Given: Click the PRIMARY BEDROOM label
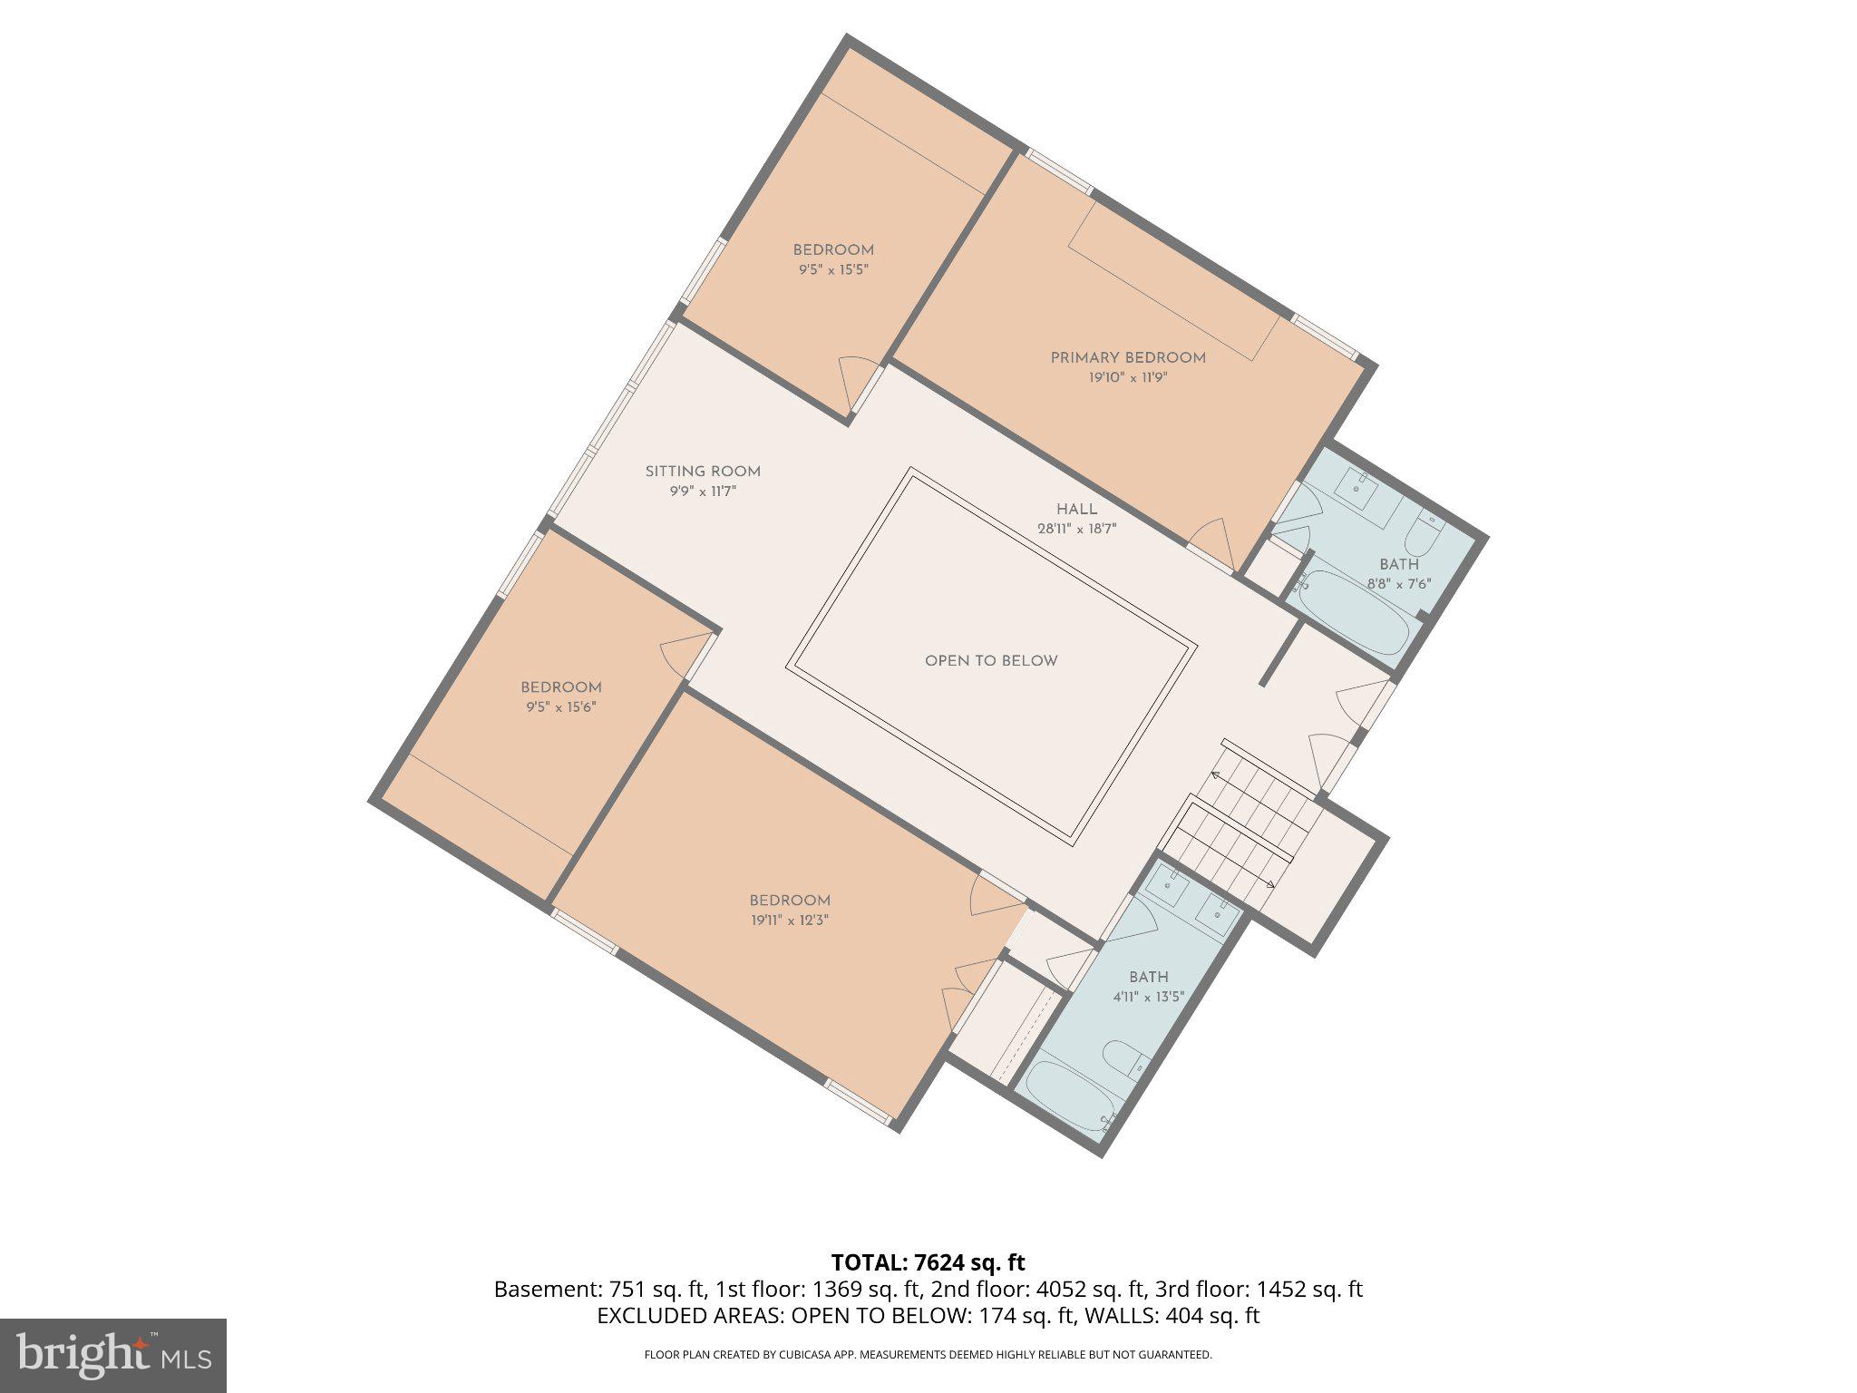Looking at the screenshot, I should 1127,358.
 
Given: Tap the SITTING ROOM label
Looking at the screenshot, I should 703,472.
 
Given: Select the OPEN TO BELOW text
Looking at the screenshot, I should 991,661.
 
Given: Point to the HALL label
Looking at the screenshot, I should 1076,510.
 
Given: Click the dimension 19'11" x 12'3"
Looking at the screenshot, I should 789,920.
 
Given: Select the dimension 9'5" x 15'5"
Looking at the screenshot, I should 832,269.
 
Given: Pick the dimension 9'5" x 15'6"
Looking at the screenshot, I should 560,706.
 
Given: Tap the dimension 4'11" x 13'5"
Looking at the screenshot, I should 1148,997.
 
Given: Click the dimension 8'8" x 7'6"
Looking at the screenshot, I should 1398,584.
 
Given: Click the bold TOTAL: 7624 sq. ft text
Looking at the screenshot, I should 928,1262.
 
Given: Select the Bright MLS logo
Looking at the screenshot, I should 112,1355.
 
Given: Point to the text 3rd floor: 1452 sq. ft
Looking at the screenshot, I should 1259,1289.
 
